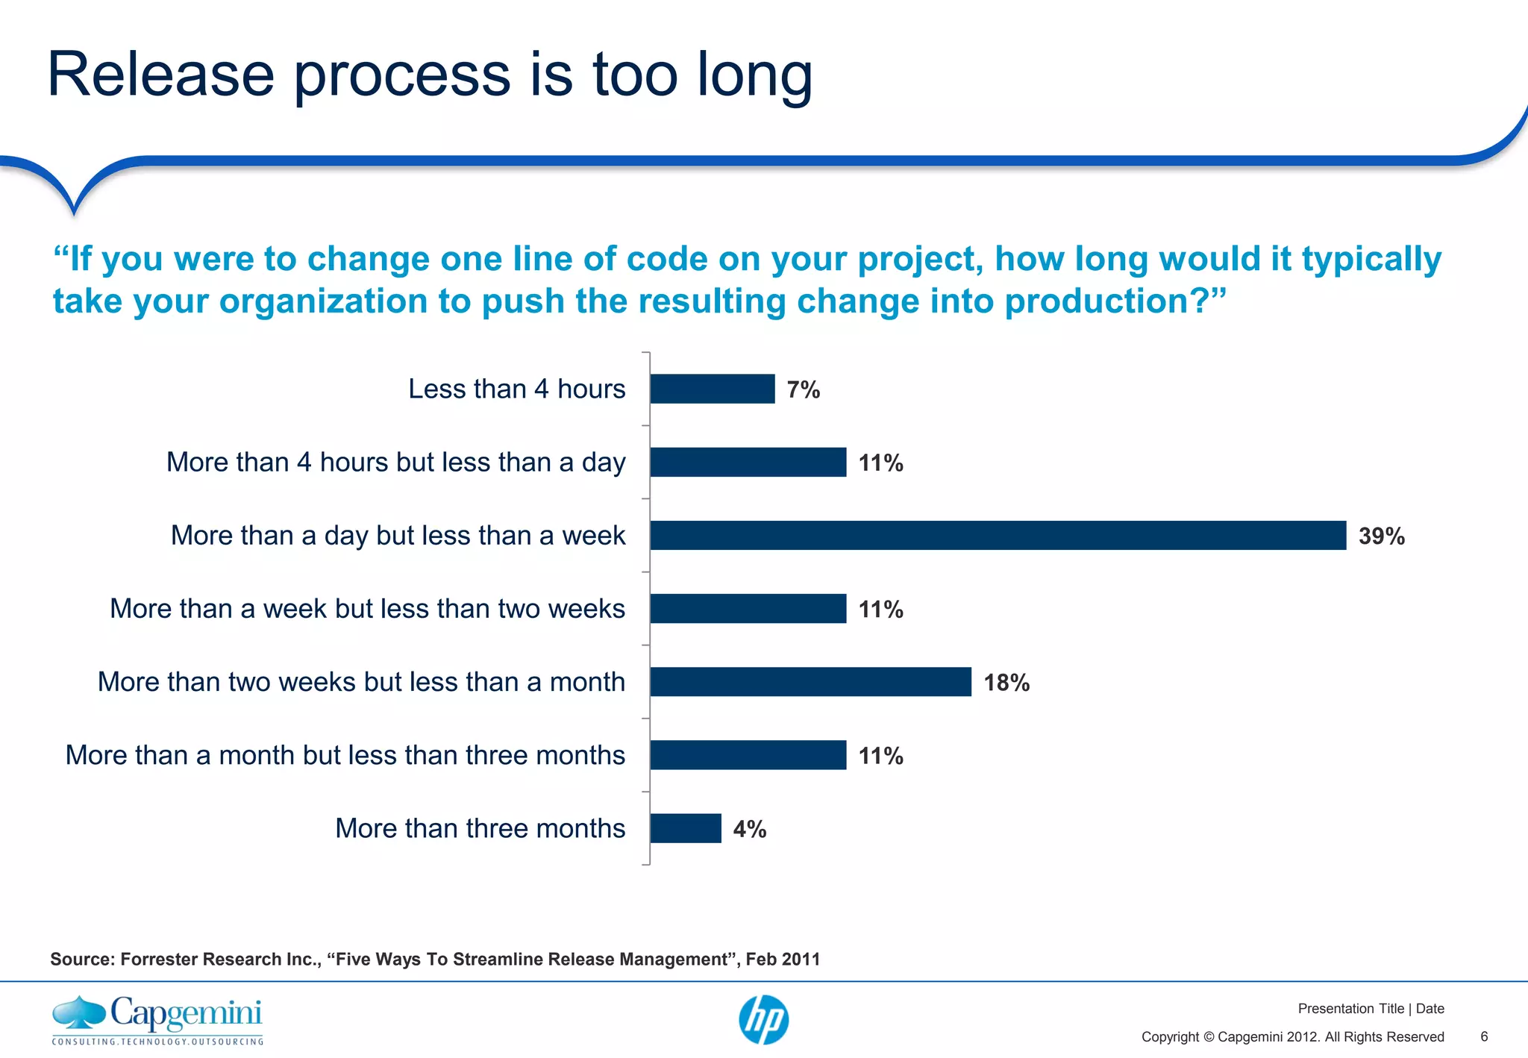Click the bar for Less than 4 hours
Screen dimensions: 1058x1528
click(712, 389)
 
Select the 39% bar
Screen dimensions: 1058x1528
click(998, 535)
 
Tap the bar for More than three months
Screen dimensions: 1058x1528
click(685, 828)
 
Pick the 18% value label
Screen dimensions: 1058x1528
click(1006, 682)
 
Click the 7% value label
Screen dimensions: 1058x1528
click(803, 389)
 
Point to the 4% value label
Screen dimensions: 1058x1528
click(749, 829)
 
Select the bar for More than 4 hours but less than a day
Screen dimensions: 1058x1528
click(748, 462)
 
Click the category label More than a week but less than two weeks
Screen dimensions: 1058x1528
click(367, 608)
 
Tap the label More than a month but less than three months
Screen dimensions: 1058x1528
click(345, 755)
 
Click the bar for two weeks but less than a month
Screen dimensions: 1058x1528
click(810, 681)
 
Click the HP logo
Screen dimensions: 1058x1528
click(763, 1020)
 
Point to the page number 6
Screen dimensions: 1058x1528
click(1484, 1036)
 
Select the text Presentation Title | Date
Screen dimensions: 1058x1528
click(1371, 1009)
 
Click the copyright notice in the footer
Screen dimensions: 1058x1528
click(1292, 1036)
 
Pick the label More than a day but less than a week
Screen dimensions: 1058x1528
click(398, 535)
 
